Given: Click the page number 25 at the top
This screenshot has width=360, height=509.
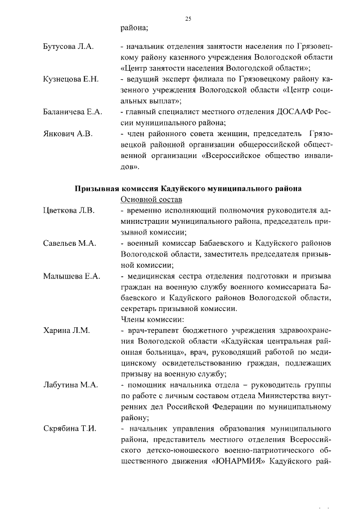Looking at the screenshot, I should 188,19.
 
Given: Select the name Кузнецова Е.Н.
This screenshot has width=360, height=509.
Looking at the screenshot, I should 71,79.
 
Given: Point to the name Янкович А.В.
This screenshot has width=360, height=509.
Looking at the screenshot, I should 67,134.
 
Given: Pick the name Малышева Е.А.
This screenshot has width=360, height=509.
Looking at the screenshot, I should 71,276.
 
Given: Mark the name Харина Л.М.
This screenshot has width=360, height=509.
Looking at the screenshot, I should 66,330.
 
